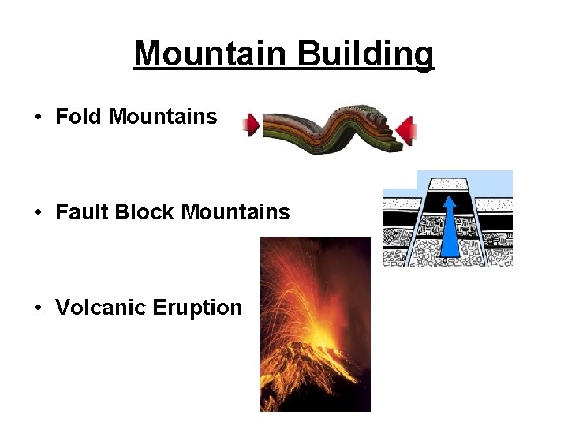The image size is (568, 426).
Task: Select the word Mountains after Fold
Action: click(163, 117)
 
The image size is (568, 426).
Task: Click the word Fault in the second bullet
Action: click(82, 212)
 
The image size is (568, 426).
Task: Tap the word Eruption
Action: click(204, 308)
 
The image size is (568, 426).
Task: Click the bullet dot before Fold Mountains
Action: click(38, 118)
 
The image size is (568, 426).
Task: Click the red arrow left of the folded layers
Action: click(251, 125)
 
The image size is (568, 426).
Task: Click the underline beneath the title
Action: click(284, 70)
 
